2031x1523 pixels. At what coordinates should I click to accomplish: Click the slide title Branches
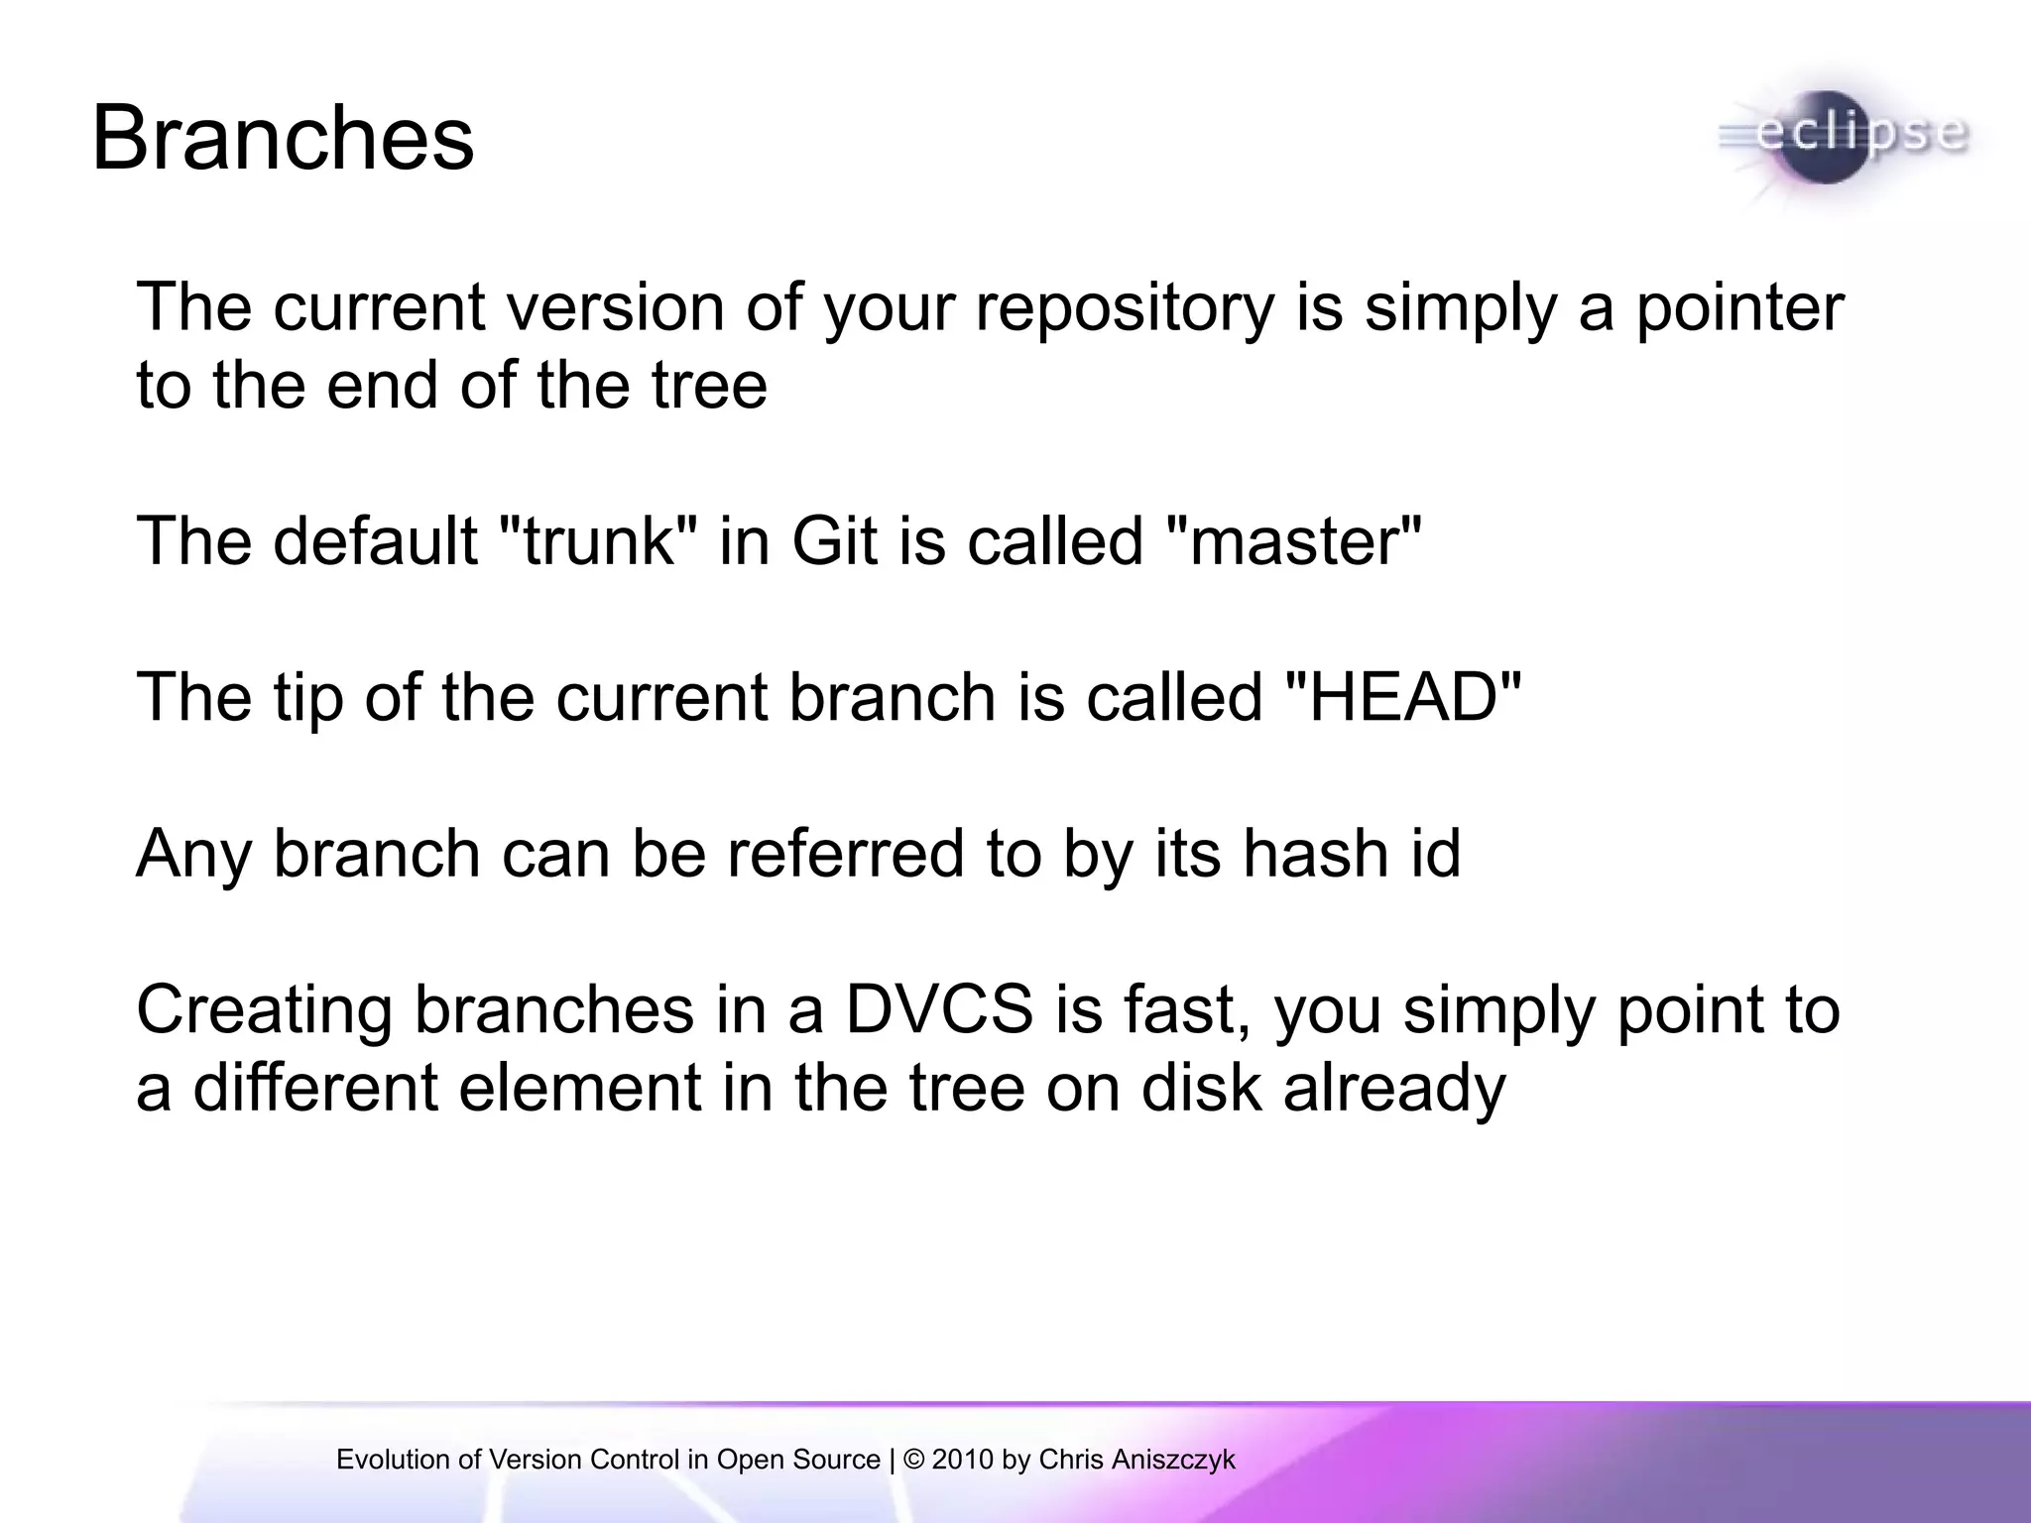(283, 139)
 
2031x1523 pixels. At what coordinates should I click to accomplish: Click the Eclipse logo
(1843, 139)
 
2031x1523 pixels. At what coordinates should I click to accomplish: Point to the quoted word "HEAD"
(1402, 697)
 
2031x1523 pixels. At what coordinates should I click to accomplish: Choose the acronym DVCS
(938, 1009)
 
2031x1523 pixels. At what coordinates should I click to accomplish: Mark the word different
(315, 1088)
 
